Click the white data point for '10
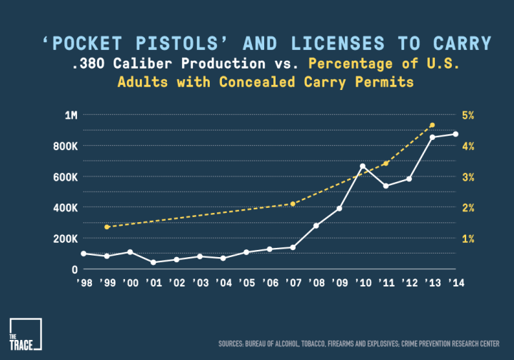coord(363,166)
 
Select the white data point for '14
coord(455,134)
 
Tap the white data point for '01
coord(153,262)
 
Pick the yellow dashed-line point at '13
coord(432,125)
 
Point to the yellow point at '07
coord(293,204)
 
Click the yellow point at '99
coord(106,227)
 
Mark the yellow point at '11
coord(385,163)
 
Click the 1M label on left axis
coord(71,115)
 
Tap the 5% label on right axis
coord(470,115)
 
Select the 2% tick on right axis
coord(470,207)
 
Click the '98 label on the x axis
coord(84,283)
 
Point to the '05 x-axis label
coord(246,283)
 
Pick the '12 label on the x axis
coord(409,283)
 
